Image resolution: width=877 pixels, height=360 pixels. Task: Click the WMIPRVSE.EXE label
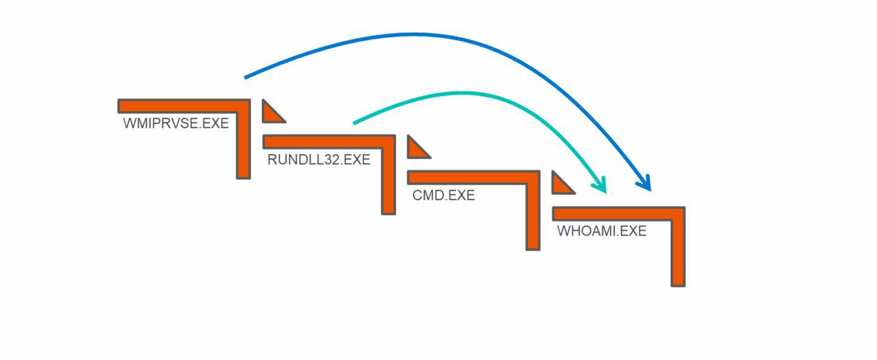point(176,123)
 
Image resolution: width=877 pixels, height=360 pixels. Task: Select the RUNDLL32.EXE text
point(319,160)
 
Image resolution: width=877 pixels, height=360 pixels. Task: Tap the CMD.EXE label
point(443,196)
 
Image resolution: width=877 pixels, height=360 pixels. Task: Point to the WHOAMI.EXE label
point(602,231)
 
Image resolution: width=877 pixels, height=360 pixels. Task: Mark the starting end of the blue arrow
point(245,77)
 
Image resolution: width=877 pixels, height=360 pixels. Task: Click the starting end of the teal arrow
point(354,123)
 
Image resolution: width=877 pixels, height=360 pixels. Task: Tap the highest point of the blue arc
point(420,35)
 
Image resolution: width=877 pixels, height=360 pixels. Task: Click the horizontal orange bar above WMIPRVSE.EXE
point(183,106)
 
